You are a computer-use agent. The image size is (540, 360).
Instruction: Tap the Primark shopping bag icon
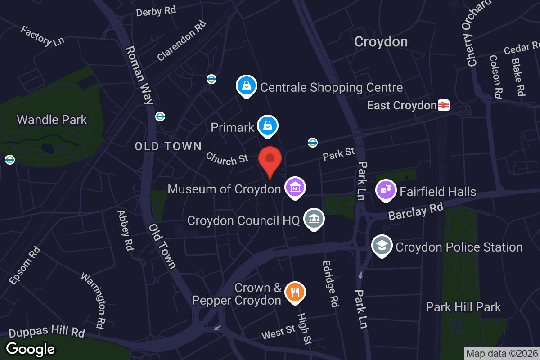(x=268, y=126)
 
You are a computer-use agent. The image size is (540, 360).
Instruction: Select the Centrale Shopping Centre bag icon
(x=247, y=85)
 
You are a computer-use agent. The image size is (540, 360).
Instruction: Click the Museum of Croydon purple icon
(x=295, y=187)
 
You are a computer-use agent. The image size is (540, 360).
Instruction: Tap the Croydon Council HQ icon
(x=315, y=219)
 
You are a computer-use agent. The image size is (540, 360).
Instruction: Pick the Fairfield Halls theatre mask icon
(x=386, y=190)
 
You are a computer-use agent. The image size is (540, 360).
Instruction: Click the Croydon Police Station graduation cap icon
(x=382, y=245)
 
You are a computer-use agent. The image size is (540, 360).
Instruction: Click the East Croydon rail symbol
(x=443, y=105)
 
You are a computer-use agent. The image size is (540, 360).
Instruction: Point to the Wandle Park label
(x=52, y=120)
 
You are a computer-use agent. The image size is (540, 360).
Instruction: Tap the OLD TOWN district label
(x=168, y=146)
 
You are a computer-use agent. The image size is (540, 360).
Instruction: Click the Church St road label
(x=227, y=158)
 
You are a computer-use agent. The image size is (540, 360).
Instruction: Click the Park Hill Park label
(x=463, y=307)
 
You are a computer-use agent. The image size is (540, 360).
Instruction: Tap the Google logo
(x=31, y=348)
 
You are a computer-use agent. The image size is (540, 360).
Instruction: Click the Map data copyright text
(x=501, y=353)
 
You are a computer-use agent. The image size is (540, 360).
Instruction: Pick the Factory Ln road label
(x=43, y=36)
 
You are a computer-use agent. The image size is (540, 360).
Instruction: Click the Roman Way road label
(x=139, y=75)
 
